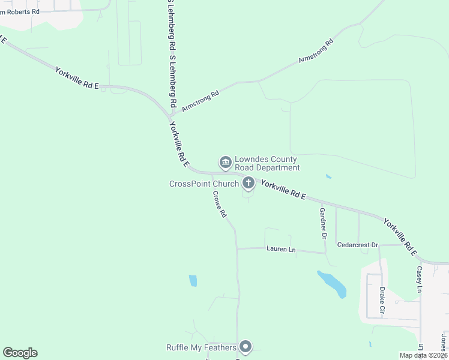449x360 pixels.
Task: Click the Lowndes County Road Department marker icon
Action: (226, 162)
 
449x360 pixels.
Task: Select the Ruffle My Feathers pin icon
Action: (245, 346)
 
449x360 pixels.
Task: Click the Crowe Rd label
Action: (220, 204)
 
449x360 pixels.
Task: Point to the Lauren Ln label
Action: (282, 249)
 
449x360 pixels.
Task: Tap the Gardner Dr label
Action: (323, 223)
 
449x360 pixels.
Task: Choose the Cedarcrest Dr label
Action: (357, 245)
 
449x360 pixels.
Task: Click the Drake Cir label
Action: (382, 302)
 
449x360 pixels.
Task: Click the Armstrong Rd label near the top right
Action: (316, 52)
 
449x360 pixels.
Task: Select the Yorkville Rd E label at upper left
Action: (77, 78)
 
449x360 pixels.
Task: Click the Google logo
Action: (20, 353)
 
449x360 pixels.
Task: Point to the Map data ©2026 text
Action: (423, 355)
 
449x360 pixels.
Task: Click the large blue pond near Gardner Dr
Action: (333, 284)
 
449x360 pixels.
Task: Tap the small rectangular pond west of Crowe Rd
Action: (193, 280)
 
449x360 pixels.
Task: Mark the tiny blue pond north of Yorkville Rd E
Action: (328, 176)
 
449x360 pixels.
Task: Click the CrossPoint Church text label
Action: (204, 184)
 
